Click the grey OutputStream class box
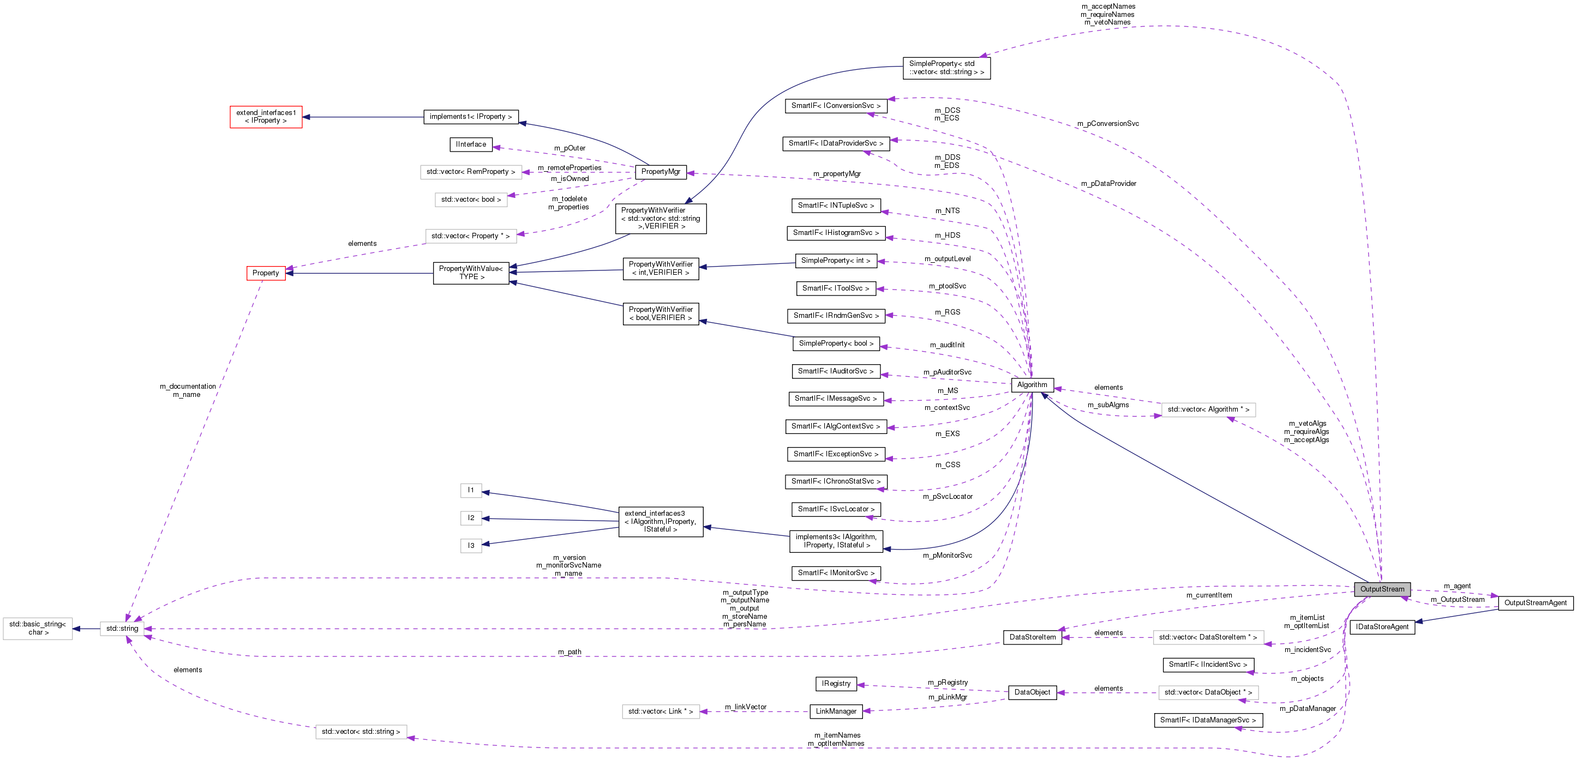pos(1382,589)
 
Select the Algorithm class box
pos(1032,384)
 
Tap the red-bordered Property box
pos(266,273)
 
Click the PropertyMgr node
pos(660,172)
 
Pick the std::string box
pos(122,629)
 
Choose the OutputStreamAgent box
pos(1535,603)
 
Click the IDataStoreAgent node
pos(1382,626)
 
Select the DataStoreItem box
pos(1032,637)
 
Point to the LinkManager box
pos(836,711)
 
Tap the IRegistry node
pos(836,684)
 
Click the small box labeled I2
pos(471,518)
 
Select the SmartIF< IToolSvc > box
pos(835,288)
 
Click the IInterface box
pos(471,144)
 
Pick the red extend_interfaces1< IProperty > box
pos(266,116)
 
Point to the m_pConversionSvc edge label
pos(1107,124)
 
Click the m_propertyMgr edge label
pos(836,174)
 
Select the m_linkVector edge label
pos(745,707)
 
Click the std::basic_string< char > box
pos(37,629)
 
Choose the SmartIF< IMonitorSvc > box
pos(836,573)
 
